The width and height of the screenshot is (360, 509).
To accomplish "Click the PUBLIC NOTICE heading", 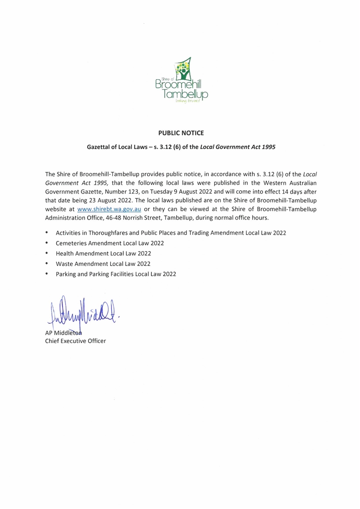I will (x=181, y=133).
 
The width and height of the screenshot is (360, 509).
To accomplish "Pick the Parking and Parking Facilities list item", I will (x=116, y=274).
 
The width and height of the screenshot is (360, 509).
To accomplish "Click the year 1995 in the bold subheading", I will (x=267, y=147).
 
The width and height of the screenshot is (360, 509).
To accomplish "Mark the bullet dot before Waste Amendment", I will (x=47, y=263).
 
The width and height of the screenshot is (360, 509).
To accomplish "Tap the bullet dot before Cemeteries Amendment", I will (x=47, y=243).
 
